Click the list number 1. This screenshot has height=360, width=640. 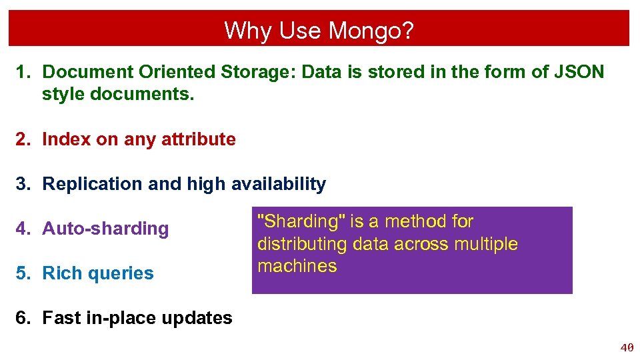coord(22,72)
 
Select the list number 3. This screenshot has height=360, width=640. coord(22,184)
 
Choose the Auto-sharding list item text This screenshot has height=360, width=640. coord(105,229)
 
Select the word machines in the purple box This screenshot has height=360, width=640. coord(297,266)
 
